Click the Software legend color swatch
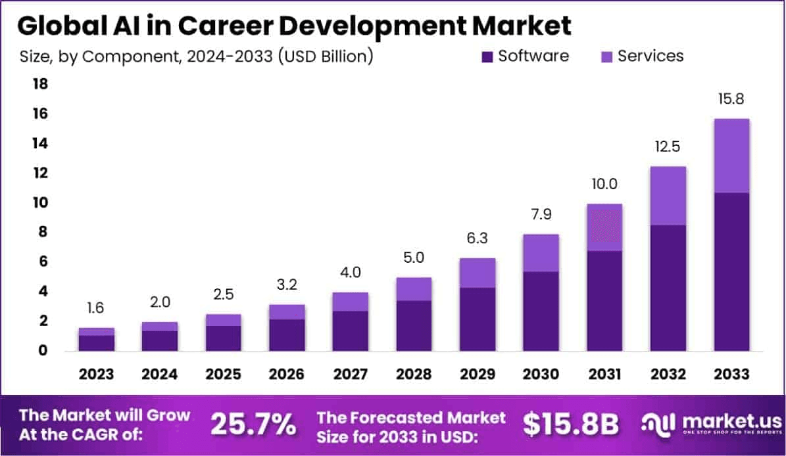tap(487, 57)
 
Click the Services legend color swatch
tap(606, 57)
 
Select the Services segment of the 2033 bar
tap(731, 156)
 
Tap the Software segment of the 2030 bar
tap(541, 311)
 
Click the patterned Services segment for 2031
tap(604, 227)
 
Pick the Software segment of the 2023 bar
tap(96, 343)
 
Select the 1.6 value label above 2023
tap(96, 308)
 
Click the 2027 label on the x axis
tap(350, 374)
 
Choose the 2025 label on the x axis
tap(223, 374)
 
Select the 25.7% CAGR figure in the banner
tap(253, 425)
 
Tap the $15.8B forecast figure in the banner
tap(571, 425)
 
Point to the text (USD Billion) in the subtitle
tap(326, 57)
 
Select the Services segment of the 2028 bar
tap(414, 289)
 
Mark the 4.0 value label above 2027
tap(350, 272)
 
